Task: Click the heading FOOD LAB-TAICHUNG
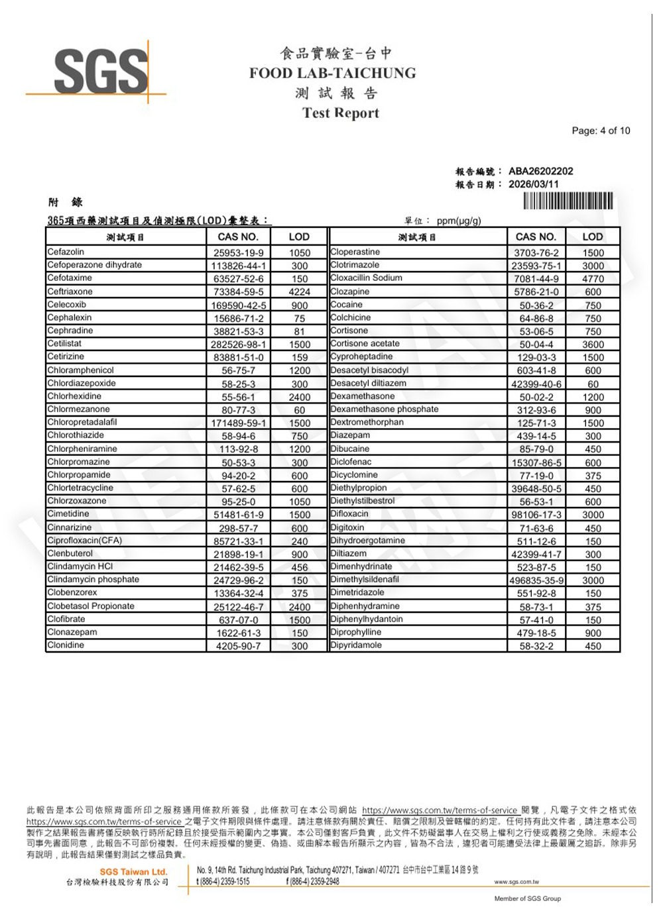(332, 73)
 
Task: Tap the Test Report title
(340, 113)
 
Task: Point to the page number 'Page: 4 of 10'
(601, 131)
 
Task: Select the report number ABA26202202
(540, 171)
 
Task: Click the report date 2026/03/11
(533, 184)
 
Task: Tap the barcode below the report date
(568, 201)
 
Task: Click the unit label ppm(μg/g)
(459, 221)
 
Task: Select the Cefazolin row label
(66, 252)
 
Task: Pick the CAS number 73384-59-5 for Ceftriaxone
(238, 292)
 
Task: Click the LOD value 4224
(299, 292)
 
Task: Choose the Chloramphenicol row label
(80, 370)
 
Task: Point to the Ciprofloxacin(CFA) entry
(84, 540)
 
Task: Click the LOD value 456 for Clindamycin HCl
(299, 567)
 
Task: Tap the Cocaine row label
(346, 305)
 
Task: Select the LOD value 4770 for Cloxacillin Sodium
(593, 279)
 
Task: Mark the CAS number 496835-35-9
(536, 580)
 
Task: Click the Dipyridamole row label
(356, 645)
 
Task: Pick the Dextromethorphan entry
(367, 422)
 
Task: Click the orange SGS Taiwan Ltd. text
(133, 871)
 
